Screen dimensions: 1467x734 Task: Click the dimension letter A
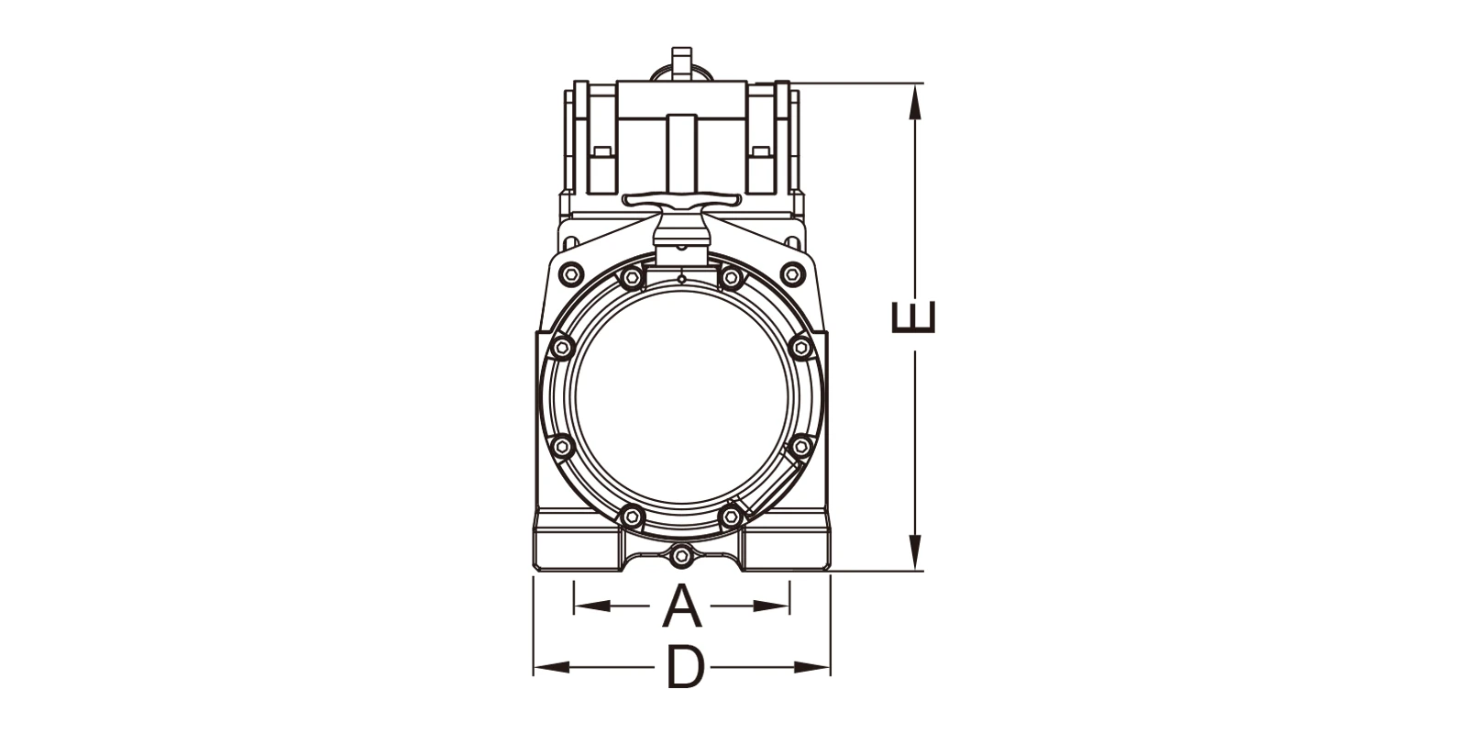pos(682,606)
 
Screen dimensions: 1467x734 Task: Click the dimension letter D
pos(685,668)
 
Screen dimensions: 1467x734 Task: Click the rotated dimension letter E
pos(914,317)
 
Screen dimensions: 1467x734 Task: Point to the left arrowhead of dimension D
pos(551,668)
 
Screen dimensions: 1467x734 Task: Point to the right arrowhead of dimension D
pos(812,668)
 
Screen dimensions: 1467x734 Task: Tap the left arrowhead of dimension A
pos(592,606)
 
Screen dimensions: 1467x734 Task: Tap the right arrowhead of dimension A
pos(771,606)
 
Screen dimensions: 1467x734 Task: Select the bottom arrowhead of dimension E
pos(916,552)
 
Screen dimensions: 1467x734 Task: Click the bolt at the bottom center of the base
pos(682,556)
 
